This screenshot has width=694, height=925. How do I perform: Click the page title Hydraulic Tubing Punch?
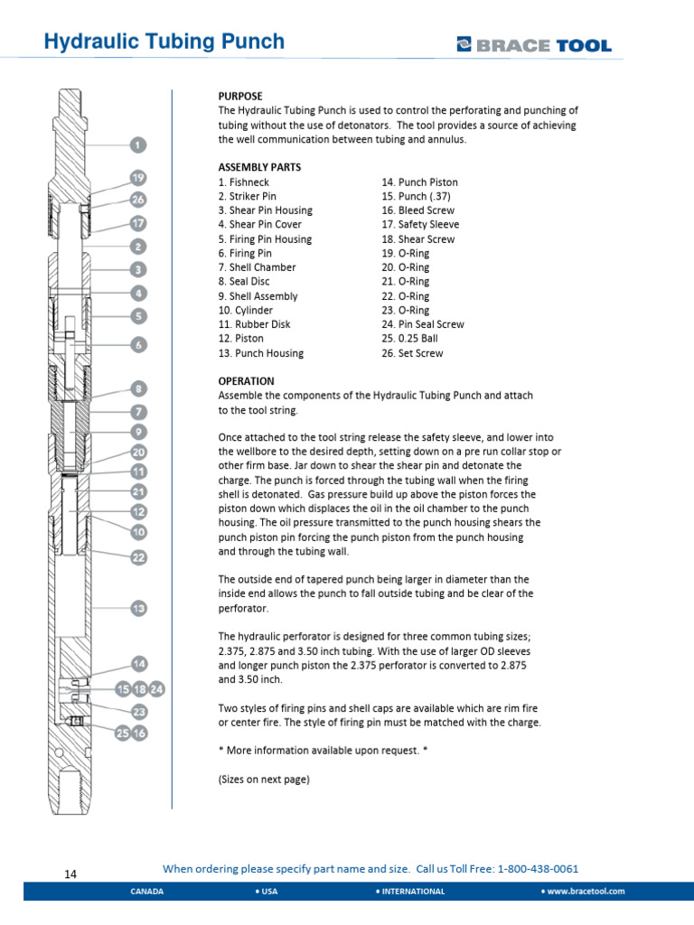(x=164, y=42)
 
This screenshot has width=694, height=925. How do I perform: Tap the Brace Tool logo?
(x=534, y=44)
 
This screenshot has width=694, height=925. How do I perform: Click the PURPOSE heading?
(x=240, y=96)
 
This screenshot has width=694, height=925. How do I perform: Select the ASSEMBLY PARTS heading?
(x=259, y=167)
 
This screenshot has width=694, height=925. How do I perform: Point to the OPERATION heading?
(x=247, y=381)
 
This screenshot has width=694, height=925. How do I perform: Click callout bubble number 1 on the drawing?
(x=137, y=145)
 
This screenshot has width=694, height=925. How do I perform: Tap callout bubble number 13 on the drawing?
(x=138, y=609)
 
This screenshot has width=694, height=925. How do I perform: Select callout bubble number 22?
(x=138, y=557)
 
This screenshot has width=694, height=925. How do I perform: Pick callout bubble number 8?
(x=138, y=389)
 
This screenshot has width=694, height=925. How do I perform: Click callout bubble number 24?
(x=156, y=690)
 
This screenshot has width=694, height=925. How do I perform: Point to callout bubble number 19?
(x=138, y=178)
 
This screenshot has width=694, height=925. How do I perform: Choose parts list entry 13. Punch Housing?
(x=260, y=353)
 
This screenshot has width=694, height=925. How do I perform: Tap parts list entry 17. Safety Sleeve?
(x=420, y=224)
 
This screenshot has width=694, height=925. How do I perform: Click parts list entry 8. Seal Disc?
(x=245, y=282)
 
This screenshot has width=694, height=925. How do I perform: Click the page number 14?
(x=71, y=874)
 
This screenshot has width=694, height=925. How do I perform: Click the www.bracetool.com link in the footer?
(x=585, y=891)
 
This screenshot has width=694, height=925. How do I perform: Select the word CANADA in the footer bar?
(x=147, y=891)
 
